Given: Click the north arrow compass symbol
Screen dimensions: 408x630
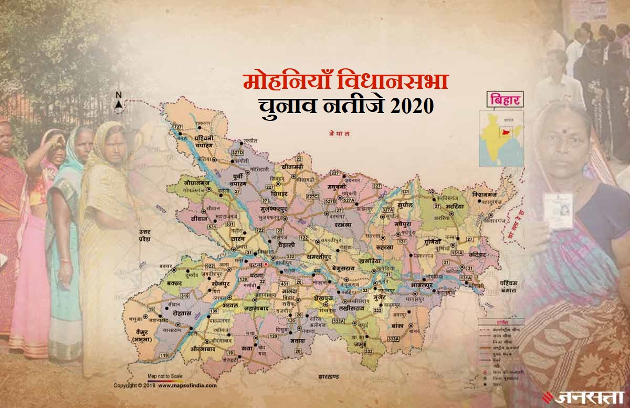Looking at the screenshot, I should pyautogui.click(x=119, y=103).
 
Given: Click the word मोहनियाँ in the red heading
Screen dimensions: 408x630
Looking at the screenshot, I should pyautogui.click(x=279, y=83).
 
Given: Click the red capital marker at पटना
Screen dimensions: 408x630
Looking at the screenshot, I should pyautogui.click(x=266, y=266).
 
